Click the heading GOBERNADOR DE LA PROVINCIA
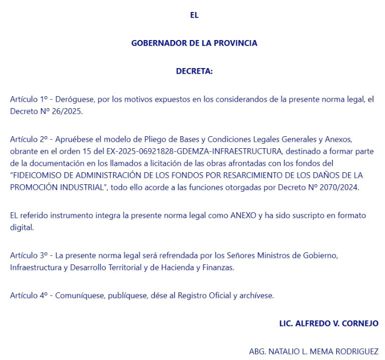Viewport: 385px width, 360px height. coord(194,43)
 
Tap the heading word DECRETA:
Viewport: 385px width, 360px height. coord(194,71)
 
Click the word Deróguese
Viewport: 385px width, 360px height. coord(73,99)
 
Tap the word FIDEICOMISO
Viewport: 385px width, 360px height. coord(38,175)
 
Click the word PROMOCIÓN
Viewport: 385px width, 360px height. coord(34,187)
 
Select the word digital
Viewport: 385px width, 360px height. coord(22,227)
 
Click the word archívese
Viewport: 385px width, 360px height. coord(256,295)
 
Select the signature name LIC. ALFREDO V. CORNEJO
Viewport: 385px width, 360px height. coord(328,323)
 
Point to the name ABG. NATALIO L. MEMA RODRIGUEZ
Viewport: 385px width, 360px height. coord(313,351)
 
